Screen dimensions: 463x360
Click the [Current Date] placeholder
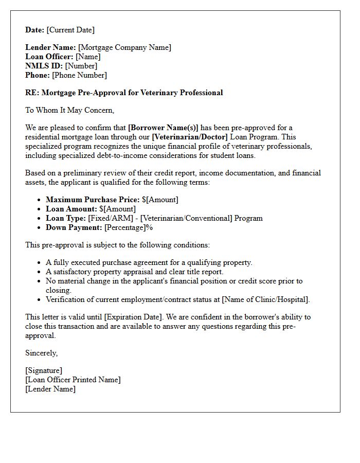click(x=70, y=30)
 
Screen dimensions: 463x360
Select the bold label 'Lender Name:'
click(x=50, y=47)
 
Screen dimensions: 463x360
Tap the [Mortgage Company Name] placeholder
click(x=124, y=47)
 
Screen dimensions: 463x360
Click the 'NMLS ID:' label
click(x=44, y=66)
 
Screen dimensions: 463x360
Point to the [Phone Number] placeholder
click(x=79, y=75)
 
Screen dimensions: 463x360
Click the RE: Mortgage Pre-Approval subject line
click(x=124, y=93)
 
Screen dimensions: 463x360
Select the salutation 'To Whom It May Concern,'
click(x=69, y=110)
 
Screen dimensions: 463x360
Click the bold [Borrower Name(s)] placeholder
click(x=163, y=128)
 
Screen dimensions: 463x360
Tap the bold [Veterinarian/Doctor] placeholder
click(x=189, y=137)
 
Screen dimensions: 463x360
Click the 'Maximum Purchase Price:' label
click(x=93, y=200)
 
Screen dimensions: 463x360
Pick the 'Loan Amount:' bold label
click(x=71, y=209)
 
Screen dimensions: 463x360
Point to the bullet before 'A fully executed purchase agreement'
click(x=39, y=263)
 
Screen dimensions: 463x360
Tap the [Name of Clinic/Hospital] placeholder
click(x=265, y=299)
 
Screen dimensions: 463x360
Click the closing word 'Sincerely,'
click(x=42, y=353)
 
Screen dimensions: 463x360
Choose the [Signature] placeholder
click(x=44, y=370)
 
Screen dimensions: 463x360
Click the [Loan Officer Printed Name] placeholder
click(x=73, y=380)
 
